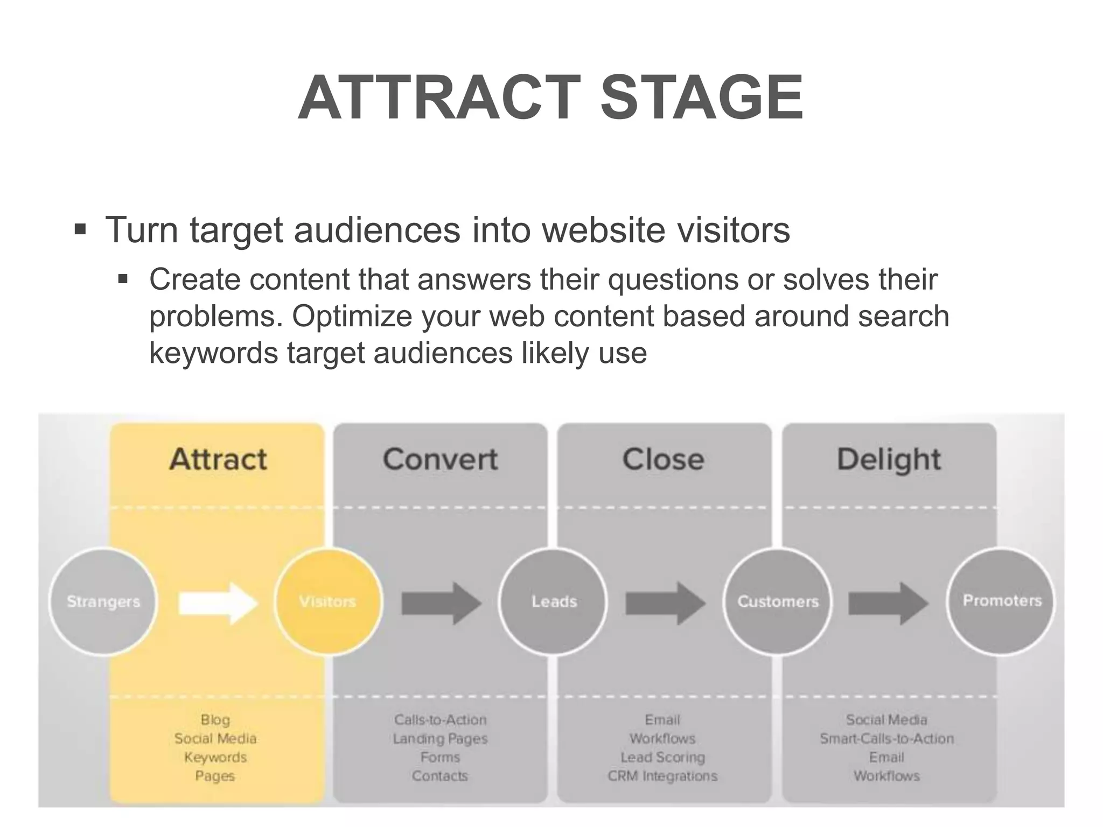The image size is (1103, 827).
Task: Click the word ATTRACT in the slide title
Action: pyautogui.click(x=439, y=98)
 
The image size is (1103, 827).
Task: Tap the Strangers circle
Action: pyautogui.click(x=103, y=601)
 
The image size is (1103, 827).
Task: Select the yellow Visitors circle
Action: pyautogui.click(x=328, y=601)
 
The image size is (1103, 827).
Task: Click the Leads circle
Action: pyautogui.click(x=554, y=601)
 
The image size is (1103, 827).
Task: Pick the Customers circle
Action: pyautogui.click(x=778, y=601)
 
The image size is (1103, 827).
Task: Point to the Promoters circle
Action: pyautogui.click(x=1002, y=601)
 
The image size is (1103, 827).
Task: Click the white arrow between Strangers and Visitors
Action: pyautogui.click(x=218, y=602)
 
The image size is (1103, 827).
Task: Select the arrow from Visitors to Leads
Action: pyautogui.click(x=441, y=603)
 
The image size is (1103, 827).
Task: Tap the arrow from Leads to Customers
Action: pyautogui.click(x=665, y=603)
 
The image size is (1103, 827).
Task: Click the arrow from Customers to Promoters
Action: pyautogui.click(x=889, y=603)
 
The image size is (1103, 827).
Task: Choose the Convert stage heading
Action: pyautogui.click(x=440, y=460)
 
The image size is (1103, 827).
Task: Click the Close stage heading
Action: pyautogui.click(x=663, y=460)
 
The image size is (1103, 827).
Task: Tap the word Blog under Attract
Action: pyautogui.click(x=215, y=720)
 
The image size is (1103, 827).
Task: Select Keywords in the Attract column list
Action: pyautogui.click(x=215, y=758)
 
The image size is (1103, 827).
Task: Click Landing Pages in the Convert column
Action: pyautogui.click(x=440, y=739)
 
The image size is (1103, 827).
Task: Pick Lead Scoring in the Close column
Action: pyautogui.click(x=662, y=758)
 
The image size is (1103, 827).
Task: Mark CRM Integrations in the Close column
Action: pyautogui.click(x=662, y=776)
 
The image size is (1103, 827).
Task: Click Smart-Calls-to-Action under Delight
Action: pyautogui.click(x=886, y=739)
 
